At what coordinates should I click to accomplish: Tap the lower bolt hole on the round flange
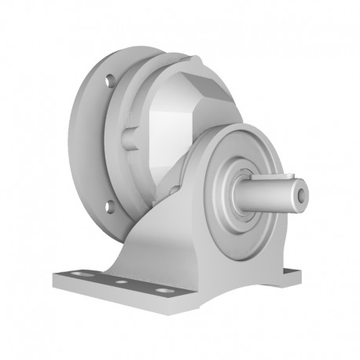pos(110,206)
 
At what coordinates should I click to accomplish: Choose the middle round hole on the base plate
pos(120,281)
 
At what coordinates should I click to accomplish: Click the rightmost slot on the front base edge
pos(163,290)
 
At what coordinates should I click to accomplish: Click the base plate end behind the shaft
pos(292,274)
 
